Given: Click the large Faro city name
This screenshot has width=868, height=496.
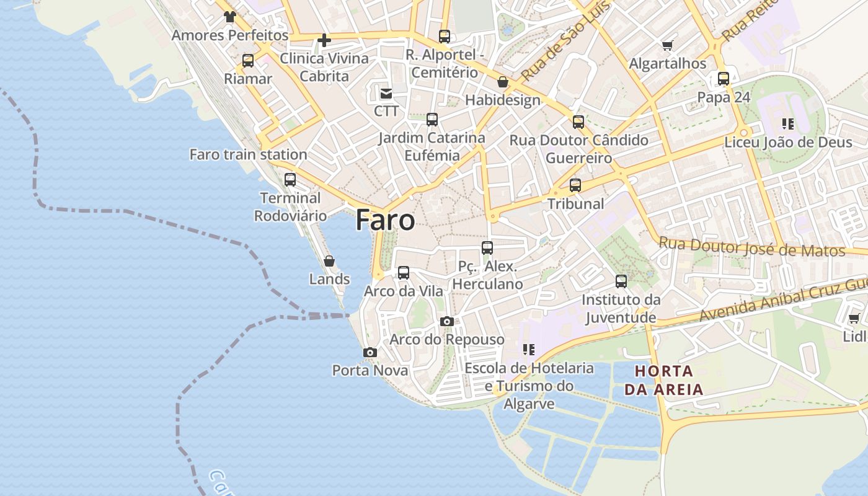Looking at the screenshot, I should [385, 221].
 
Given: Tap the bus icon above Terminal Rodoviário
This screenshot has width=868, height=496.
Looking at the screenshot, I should [290, 180].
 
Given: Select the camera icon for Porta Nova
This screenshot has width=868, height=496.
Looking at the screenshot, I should [370, 353].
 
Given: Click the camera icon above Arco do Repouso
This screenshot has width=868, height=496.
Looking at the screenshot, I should [446, 321].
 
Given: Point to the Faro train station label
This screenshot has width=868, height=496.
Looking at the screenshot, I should [248, 154].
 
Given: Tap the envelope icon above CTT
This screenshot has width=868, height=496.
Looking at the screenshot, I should [386, 94].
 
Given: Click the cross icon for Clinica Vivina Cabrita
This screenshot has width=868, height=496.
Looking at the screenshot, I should [324, 41].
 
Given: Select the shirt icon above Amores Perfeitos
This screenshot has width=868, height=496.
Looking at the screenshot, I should [230, 17].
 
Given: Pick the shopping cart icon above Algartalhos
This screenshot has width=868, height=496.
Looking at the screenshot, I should [668, 45].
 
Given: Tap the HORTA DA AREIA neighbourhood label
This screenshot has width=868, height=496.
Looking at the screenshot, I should [663, 381].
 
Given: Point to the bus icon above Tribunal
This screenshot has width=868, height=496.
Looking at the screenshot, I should [575, 185].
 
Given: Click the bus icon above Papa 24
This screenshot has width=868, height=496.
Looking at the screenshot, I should [724, 79].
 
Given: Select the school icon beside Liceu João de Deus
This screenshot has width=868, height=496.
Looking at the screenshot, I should [788, 124].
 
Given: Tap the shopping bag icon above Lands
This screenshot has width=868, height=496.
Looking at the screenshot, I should [329, 261].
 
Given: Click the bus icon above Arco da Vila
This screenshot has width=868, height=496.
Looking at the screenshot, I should [404, 273].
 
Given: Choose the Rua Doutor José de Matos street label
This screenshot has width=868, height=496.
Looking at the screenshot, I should [751, 247].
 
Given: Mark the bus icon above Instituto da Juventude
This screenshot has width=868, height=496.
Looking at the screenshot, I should [621, 281].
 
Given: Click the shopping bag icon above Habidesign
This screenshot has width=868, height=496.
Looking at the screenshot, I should [503, 82].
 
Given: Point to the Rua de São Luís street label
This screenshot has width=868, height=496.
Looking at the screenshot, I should [565, 42].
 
